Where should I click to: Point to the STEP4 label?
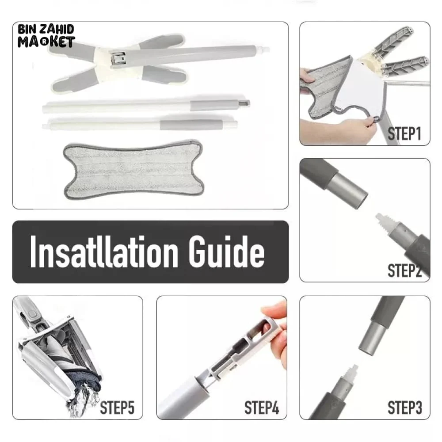click(262, 407)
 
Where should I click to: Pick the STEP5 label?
click(117, 407)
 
